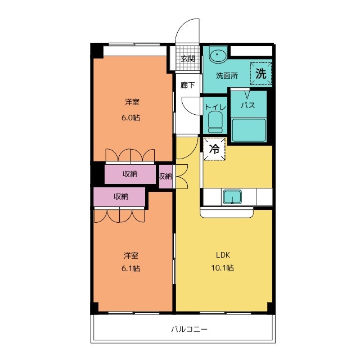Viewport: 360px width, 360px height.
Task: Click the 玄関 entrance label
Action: [x=187, y=58]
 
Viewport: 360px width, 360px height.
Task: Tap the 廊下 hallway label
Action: [x=187, y=85]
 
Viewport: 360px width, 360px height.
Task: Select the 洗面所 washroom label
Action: [x=227, y=75]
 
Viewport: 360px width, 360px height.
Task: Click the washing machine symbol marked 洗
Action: [x=261, y=74]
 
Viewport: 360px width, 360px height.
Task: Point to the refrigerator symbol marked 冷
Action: [x=214, y=148]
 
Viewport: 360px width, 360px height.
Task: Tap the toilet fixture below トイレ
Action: [x=215, y=122]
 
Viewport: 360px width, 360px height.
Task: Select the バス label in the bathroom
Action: [x=248, y=106]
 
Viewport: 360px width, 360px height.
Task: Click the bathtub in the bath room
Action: [x=249, y=130]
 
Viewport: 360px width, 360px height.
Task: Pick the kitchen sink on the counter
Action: [x=232, y=197]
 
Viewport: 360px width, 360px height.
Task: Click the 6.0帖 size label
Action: [x=130, y=118]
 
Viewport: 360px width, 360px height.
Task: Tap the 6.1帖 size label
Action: [x=130, y=268]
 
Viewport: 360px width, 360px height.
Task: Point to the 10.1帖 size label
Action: [x=223, y=268]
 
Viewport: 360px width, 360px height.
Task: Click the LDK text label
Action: [x=223, y=255]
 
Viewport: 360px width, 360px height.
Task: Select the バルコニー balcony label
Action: [x=190, y=330]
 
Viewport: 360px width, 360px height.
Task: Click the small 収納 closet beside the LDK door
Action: [x=165, y=176]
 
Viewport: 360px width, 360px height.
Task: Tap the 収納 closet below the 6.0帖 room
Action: [x=130, y=174]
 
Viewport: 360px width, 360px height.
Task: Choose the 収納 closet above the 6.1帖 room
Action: [x=119, y=197]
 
